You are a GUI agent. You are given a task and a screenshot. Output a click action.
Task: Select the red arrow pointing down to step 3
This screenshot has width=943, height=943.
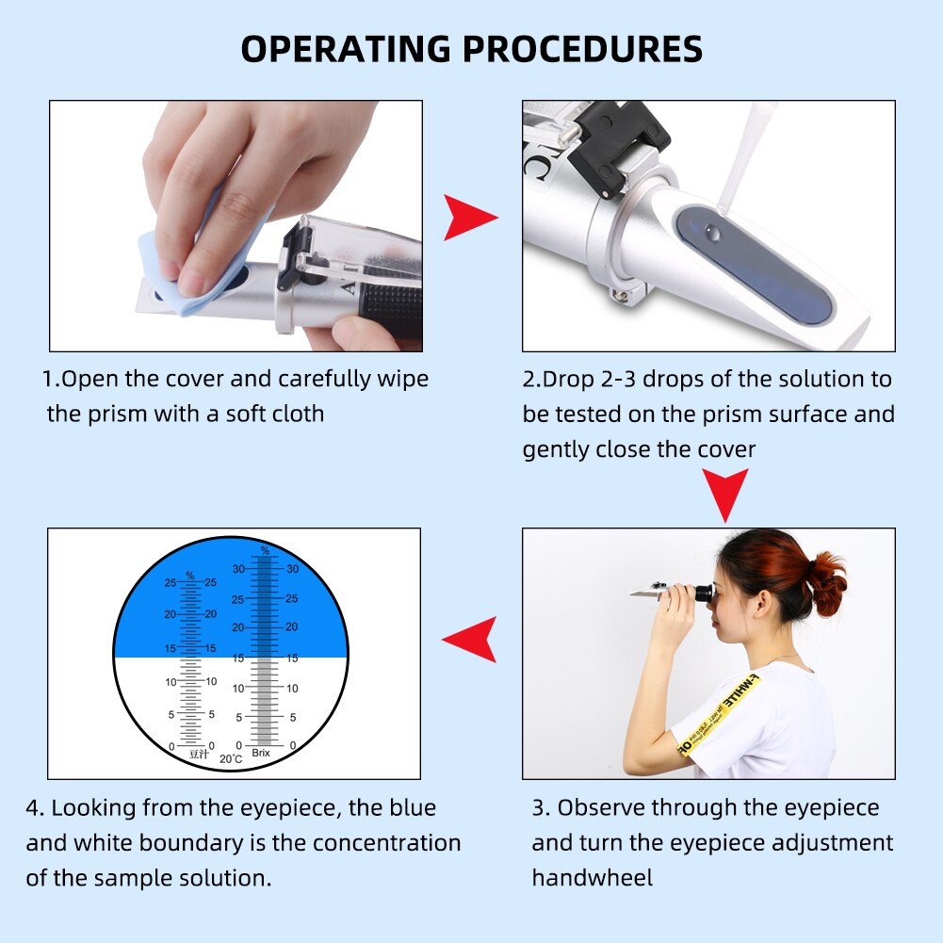coord(726,494)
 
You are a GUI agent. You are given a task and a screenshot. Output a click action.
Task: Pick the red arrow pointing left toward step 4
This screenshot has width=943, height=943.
coord(470,640)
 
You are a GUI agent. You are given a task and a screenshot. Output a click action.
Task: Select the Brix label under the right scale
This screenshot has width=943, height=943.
coord(261,753)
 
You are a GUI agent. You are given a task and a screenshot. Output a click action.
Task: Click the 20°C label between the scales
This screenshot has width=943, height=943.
coord(231,758)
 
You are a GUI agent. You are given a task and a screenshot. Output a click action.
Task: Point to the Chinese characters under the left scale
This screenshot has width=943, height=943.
coord(198,754)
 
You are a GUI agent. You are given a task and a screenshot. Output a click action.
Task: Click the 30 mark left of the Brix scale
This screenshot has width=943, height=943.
coord(238,569)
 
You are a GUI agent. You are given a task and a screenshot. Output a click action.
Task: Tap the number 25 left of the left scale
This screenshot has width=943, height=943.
coord(170,583)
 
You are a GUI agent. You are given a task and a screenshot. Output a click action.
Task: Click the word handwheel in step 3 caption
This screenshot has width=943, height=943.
coord(592,877)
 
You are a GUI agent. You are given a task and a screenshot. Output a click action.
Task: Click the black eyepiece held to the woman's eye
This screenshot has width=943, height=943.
coord(701,593)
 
